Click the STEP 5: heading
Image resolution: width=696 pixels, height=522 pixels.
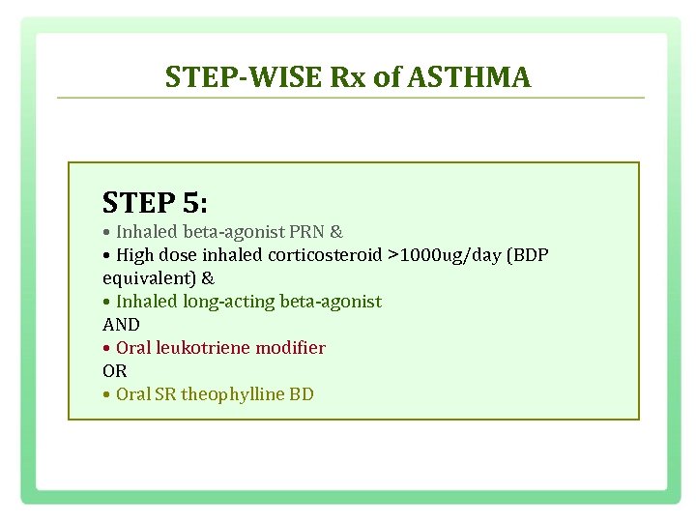point(155,203)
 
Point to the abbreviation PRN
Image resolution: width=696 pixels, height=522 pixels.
point(307,232)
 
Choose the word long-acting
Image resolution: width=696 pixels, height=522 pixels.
point(228,302)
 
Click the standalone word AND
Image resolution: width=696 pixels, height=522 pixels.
point(121,325)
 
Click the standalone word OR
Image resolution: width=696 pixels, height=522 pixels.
point(114,371)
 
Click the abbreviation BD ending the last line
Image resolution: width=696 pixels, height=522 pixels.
point(302,394)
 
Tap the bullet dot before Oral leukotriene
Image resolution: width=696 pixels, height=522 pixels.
point(106,348)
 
